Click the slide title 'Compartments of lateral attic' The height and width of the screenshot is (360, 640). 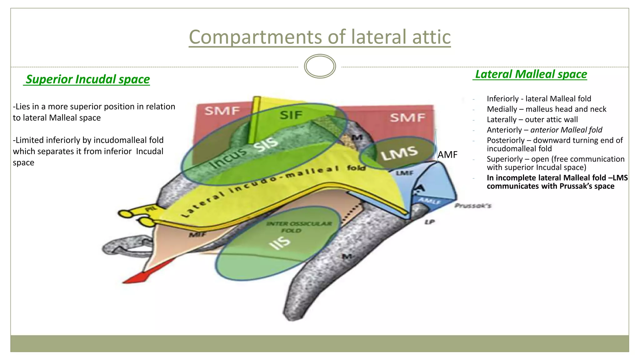click(320, 37)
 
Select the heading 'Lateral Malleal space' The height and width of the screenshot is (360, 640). click(531, 74)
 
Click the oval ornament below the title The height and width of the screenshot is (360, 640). click(320, 66)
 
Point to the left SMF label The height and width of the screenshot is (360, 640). click(222, 111)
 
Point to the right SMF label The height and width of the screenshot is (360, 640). click(407, 118)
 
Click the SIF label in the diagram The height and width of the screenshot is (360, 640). click(291, 115)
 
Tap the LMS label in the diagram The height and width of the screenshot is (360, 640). click(399, 153)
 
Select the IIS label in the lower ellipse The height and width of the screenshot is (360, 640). click(280, 243)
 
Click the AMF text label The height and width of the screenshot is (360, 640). click(447, 155)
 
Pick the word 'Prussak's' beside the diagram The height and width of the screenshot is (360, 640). click(473, 206)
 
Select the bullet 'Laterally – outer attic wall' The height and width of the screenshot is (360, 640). click(532, 120)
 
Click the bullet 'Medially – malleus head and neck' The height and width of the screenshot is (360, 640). click(546, 109)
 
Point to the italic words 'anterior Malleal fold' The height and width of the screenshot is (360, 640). click(566, 130)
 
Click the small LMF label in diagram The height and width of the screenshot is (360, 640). click(405, 173)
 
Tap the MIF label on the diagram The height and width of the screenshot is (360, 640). click(197, 234)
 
